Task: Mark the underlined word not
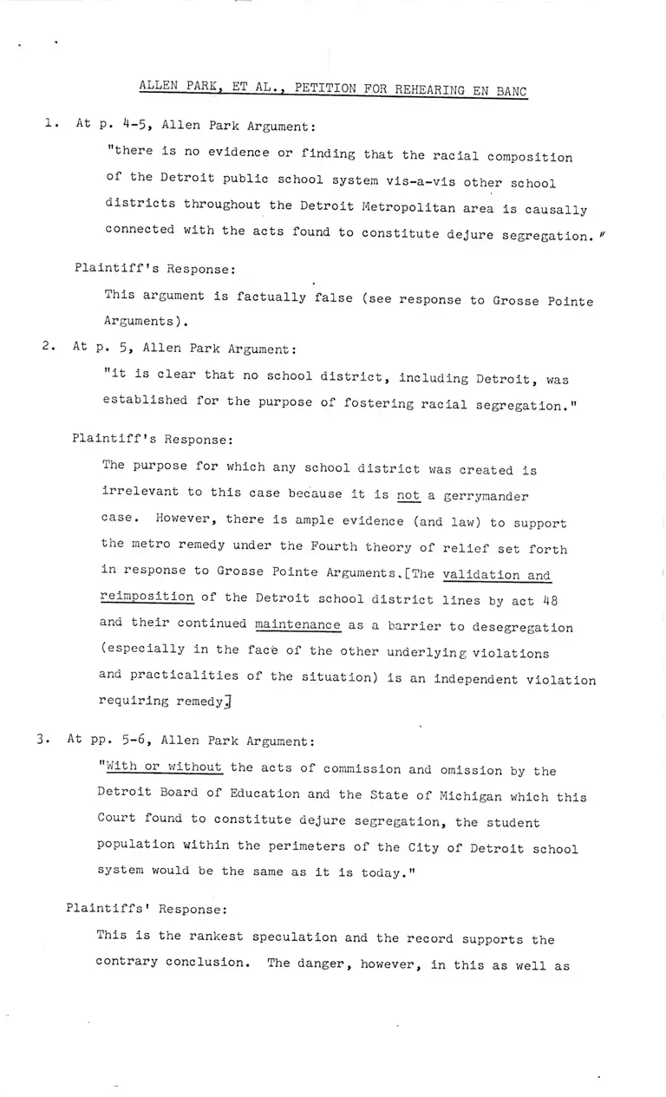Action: click(408, 496)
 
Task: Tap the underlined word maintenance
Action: click(297, 626)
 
